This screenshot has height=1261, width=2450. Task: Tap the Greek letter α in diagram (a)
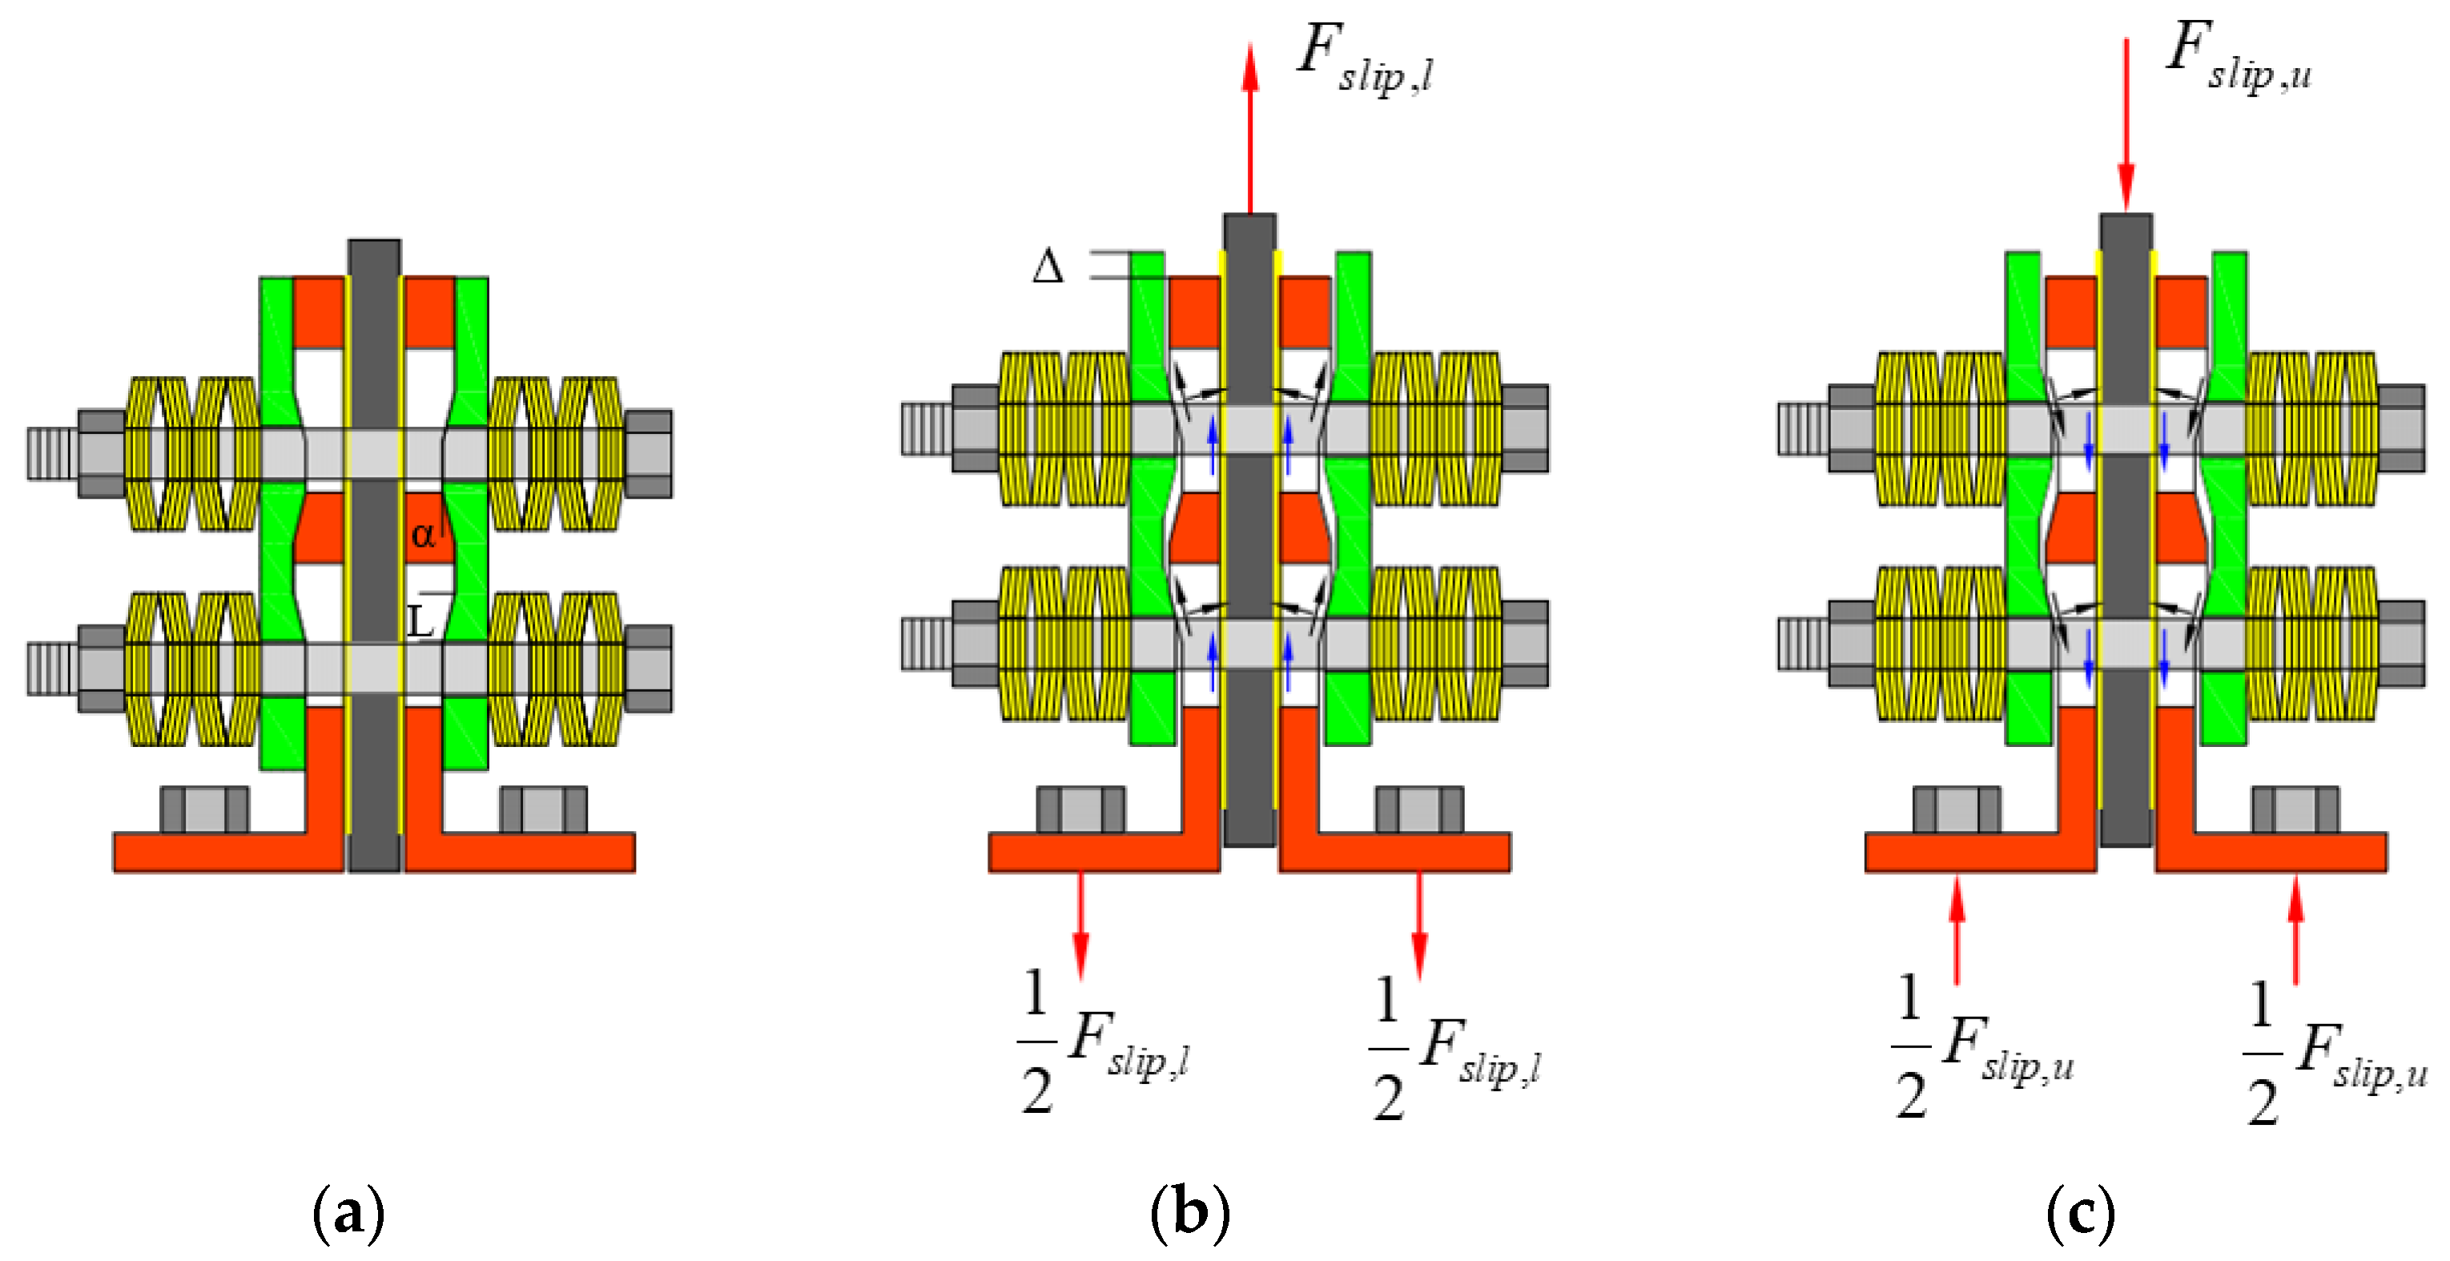tap(422, 535)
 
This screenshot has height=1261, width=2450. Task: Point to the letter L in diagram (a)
tap(420, 622)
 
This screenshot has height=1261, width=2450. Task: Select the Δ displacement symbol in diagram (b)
tap(1048, 267)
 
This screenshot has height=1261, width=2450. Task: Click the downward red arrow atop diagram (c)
tap(2126, 123)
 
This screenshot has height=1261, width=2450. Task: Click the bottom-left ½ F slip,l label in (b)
tap(1104, 1042)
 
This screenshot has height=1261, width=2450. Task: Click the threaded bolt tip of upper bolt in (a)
tap(51, 454)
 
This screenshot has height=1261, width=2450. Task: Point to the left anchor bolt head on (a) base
tap(203, 809)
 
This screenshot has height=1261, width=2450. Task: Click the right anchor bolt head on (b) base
tap(1419, 809)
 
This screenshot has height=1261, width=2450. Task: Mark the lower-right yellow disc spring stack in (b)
tap(1436, 644)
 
